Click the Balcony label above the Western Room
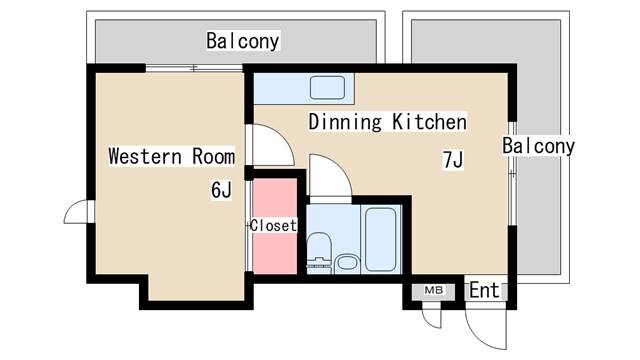coord(243,41)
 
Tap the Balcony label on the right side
coord(538,147)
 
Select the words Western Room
coord(171,156)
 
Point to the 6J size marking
coord(221,189)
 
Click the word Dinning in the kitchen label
coord(346,123)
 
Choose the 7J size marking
coord(452,159)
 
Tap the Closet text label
coord(273,225)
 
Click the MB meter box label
coord(433,290)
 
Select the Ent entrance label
coord(484,291)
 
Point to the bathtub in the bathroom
coord(380,238)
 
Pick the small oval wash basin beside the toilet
coord(346,263)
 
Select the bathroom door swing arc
coord(328,178)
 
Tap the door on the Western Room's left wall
coord(77,212)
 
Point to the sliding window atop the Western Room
coord(195,68)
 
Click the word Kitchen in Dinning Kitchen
coord(428,123)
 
